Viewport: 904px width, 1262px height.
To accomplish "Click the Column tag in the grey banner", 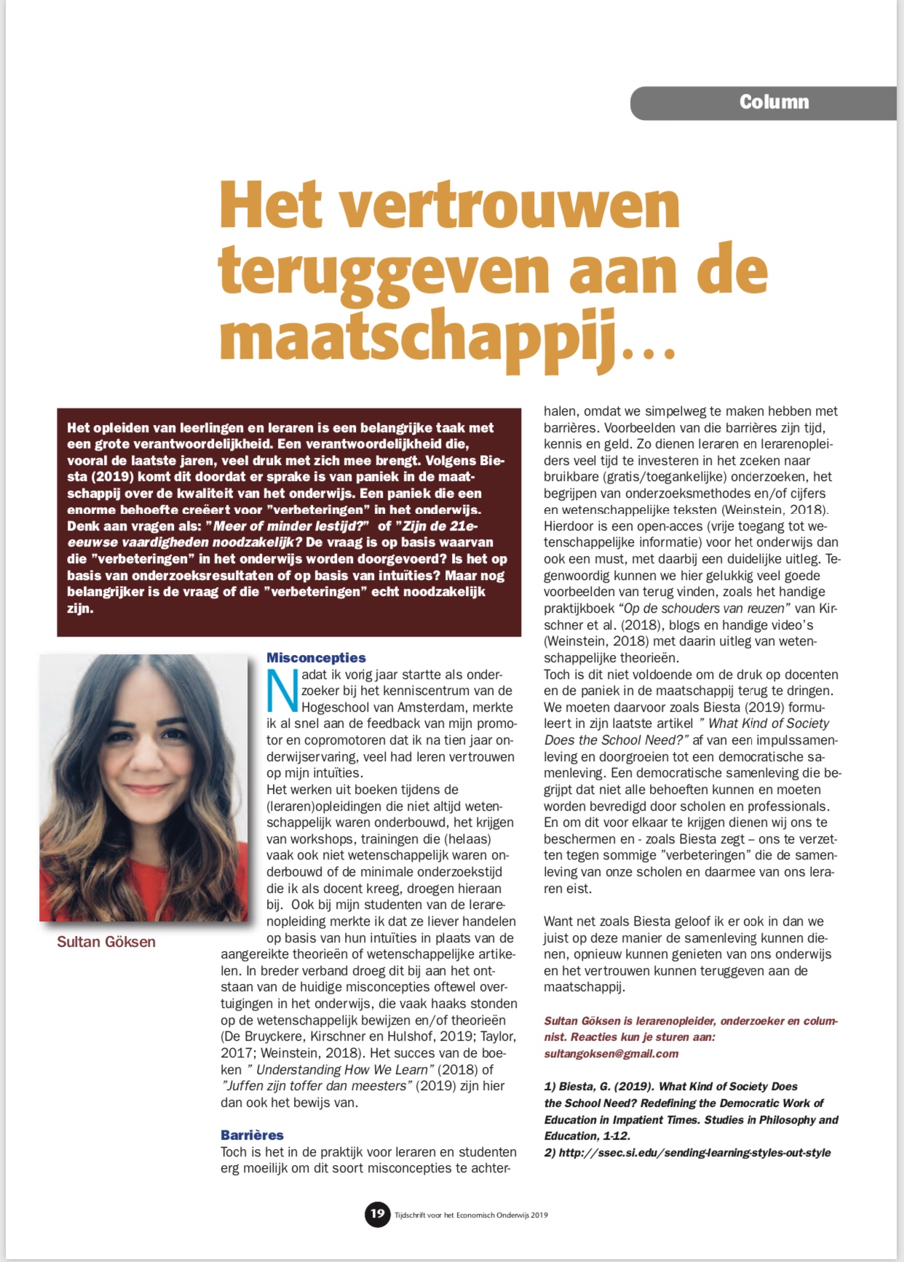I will (x=774, y=102).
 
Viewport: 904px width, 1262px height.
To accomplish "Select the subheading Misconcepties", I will (x=316, y=658).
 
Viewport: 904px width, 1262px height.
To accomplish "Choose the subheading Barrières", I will (x=252, y=1135).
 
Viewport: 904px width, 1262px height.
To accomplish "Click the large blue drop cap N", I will (x=282, y=690).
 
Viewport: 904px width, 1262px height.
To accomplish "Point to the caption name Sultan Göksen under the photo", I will (x=106, y=942).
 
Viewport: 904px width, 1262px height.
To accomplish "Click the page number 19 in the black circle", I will (x=377, y=1213).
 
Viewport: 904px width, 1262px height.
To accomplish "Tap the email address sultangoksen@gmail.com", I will (x=611, y=1053).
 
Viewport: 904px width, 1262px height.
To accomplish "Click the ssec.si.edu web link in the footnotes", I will (x=694, y=1153).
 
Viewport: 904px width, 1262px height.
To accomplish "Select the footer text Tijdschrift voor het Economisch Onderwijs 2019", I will (x=471, y=1215).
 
